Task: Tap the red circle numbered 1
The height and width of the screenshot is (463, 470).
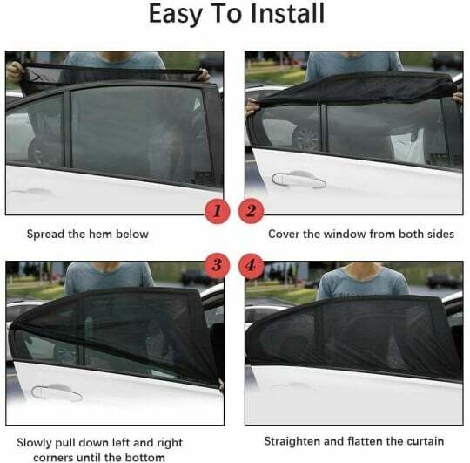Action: tap(218, 210)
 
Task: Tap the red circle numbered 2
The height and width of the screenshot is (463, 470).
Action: tap(252, 210)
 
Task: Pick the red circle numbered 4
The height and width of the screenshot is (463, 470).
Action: tap(252, 263)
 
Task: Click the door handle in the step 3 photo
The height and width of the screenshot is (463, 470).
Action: tap(56, 392)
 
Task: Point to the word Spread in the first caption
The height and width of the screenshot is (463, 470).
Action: tap(47, 234)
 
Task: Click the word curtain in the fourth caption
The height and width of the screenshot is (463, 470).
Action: tap(422, 441)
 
